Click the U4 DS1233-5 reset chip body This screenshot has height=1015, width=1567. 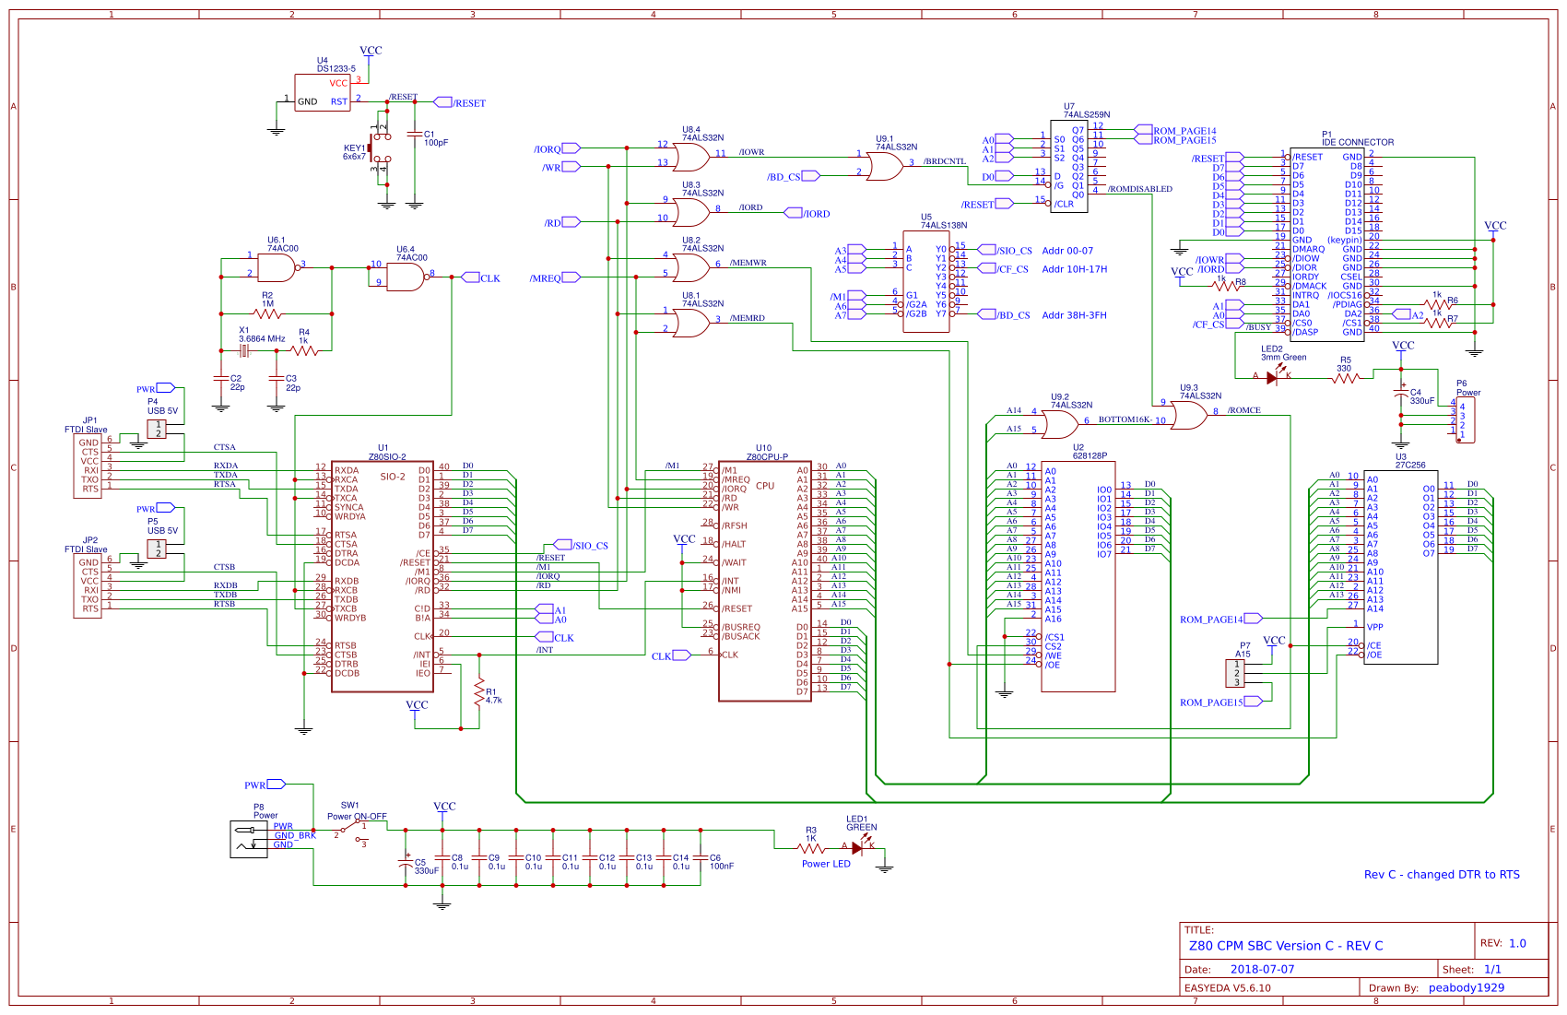click(322, 92)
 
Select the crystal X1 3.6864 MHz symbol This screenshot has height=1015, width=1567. click(244, 350)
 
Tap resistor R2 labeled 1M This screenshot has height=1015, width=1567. click(267, 314)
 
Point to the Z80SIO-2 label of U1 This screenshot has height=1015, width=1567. click(387, 457)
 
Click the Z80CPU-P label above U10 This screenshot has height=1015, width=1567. click(766, 457)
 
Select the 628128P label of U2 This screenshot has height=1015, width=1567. click(1090, 455)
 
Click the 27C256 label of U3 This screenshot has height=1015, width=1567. click(1410, 465)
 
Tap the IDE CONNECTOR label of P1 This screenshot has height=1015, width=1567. click(1358, 142)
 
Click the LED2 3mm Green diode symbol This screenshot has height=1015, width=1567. click(1273, 376)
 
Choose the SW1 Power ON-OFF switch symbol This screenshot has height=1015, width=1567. click(350, 832)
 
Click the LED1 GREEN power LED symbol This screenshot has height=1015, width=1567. click(858, 847)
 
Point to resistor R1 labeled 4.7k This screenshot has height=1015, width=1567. click(478, 693)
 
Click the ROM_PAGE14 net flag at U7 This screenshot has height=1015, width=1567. click(1184, 131)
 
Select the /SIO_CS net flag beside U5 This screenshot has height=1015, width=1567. click(1014, 250)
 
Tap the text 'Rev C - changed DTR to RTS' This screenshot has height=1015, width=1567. click(1442, 875)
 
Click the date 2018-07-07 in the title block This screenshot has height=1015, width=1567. click(1262, 969)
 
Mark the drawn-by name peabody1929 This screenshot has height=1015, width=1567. click(1467, 987)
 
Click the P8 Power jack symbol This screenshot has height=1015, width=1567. click(248, 840)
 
